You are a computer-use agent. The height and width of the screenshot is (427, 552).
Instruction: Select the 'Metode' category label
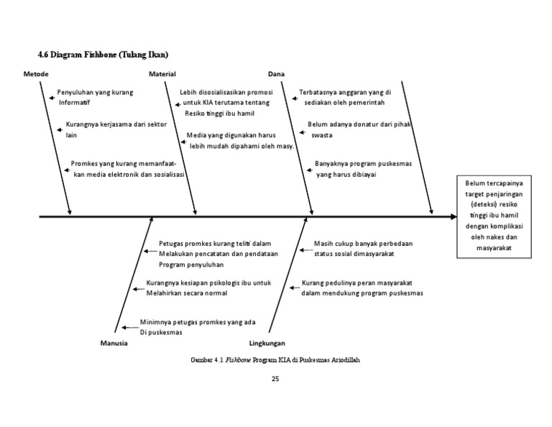[x=36, y=74]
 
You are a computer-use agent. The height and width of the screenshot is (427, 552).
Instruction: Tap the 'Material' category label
[x=162, y=74]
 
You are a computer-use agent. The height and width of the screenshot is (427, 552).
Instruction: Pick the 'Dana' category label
[x=276, y=74]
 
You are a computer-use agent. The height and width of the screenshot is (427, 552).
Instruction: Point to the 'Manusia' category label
[x=114, y=344]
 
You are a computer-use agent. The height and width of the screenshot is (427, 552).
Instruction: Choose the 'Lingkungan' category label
[x=267, y=344]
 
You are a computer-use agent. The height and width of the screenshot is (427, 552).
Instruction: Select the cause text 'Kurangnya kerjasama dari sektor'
[x=116, y=124]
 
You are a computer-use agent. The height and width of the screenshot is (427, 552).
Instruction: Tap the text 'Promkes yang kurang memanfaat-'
[x=124, y=164]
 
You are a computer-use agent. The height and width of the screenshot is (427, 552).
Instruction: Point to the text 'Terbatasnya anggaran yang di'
[x=345, y=92]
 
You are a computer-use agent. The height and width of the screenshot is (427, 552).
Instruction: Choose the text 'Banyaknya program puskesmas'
[x=364, y=164]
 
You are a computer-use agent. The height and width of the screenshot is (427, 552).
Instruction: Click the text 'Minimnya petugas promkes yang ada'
[x=198, y=322]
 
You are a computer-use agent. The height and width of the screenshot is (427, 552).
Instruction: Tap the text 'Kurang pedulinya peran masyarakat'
[x=360, y=283]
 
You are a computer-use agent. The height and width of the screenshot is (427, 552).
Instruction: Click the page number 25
[x=275, y=379]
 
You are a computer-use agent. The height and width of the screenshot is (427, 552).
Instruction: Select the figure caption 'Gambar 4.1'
[x=207, y=359]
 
